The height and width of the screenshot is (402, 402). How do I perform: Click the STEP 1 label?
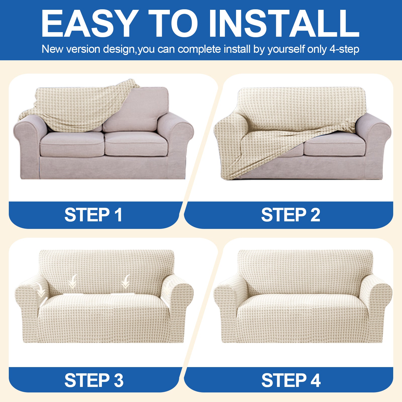click(93, 215)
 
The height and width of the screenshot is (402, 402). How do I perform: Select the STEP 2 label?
click(290, 215)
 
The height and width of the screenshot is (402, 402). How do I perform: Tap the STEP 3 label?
click(94, 380)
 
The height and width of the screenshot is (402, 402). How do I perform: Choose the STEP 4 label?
click(291, 380)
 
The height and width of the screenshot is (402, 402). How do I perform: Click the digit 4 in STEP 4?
click(316, 380)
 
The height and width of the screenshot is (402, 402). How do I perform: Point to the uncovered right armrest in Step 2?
click(374, 133)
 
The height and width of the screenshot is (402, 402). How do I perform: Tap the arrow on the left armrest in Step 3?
click(41, 291)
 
